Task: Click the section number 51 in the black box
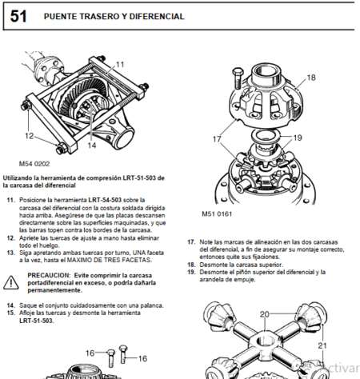click(x=18, y=16)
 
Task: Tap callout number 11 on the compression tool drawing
click(x=119, y=64)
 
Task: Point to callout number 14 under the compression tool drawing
click(x=91, y=146)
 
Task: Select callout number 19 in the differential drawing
click(x=298, y=137)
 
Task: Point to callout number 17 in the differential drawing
click(x=217, y=139)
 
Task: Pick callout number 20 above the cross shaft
click(x=264, y=314)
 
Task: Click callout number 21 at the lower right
click(x=324, y=345)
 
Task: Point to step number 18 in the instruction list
click(x=191, y=264)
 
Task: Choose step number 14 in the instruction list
click(x=10, y=305)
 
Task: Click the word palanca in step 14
click(x=151, y=305)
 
